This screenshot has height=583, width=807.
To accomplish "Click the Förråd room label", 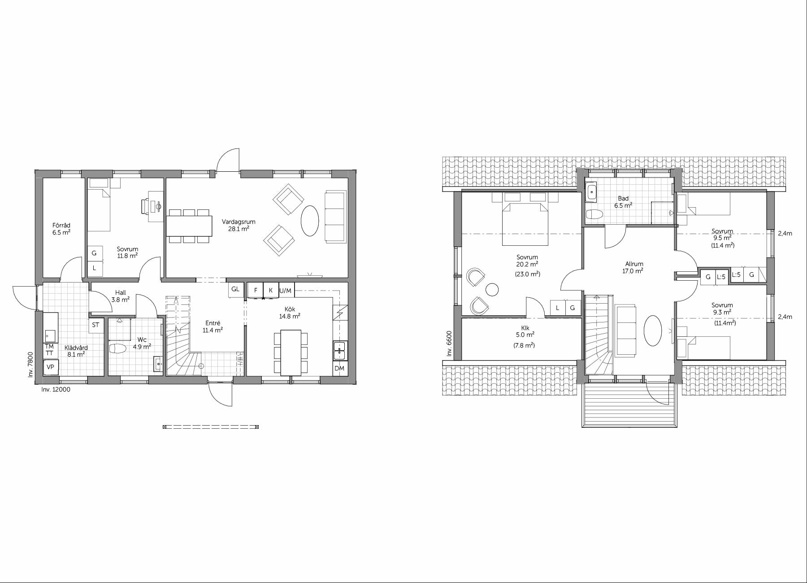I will click(x=61, y=229).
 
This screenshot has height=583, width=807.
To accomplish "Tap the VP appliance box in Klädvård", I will click(x=51, y=367).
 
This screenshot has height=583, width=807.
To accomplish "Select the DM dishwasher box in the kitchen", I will click(x=339, y=368).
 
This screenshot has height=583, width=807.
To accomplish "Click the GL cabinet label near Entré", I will click(x=235, y=289).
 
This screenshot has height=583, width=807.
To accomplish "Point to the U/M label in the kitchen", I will click(x=285, y=291).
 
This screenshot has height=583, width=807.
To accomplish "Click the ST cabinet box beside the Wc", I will click(x=95, y=325).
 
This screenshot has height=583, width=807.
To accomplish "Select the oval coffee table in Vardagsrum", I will click(x=310, y=221).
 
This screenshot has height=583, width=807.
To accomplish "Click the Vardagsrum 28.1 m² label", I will click(x=239, y=225).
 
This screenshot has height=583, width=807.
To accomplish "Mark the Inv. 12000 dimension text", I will click(x=56, y=389).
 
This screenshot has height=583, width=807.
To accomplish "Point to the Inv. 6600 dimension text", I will click(x=449, y=344).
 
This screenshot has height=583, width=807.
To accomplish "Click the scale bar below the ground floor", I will click(x=211, y=427).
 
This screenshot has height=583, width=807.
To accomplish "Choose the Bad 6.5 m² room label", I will click(x=623, y=202).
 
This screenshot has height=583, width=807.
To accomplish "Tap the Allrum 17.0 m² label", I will click(x=633, y=267).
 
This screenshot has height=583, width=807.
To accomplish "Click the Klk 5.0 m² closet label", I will click(x=525, y=336).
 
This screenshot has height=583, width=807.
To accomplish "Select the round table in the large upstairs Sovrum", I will click(x=492, y=290).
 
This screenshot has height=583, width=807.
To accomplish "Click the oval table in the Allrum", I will click(x=653, y=331).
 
